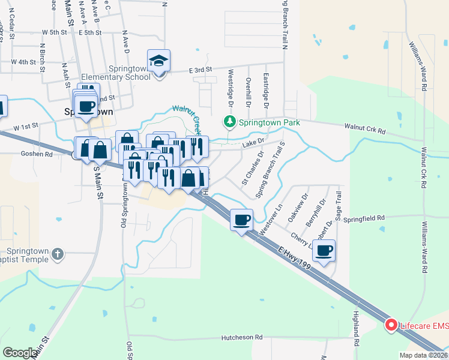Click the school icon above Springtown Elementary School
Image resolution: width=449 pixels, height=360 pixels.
point(159,61)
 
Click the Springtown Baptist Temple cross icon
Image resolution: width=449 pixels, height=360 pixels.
point(57,253)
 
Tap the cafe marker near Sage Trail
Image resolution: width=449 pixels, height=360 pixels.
point(324,250)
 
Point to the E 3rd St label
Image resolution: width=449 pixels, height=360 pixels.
point(200,70)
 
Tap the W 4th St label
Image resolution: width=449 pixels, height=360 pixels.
point(23,62)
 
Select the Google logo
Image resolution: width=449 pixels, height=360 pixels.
point(20,352)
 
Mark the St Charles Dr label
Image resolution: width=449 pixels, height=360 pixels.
point(252,167)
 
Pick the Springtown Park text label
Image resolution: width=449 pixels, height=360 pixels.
point(269,122)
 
